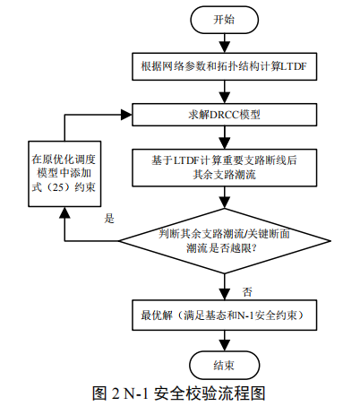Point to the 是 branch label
[x=110, y=218]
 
